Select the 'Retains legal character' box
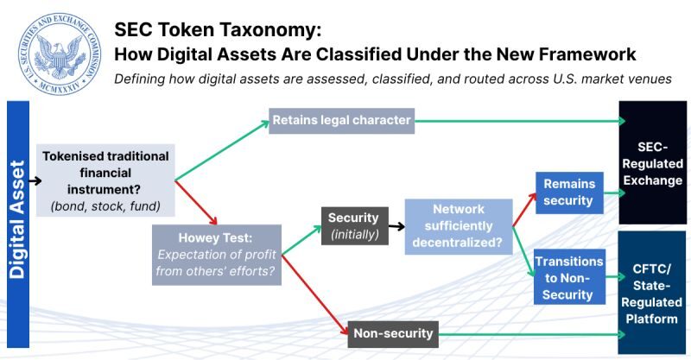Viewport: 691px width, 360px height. point(342,120)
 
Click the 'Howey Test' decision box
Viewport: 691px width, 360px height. point(217,253)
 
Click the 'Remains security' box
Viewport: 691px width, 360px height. point(568,193)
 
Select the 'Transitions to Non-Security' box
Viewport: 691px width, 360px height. point(564,277)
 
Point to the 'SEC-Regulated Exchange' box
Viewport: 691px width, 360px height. point(654,162)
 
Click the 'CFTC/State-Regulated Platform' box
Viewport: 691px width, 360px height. point(654,292)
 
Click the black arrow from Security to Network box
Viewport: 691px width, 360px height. point(396,226)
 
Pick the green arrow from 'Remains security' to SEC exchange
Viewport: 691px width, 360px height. point(611,193)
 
